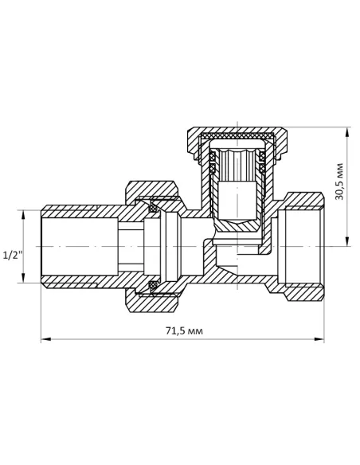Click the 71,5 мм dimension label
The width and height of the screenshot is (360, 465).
coord(184,330)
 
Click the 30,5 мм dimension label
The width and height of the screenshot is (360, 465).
coord(338,182)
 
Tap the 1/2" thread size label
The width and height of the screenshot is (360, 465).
coord(12,255)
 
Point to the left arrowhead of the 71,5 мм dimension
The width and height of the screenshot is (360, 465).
coord(46,338)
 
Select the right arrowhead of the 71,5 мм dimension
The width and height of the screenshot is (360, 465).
coord(319,338)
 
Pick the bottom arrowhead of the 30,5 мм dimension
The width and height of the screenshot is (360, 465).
coord(347,241)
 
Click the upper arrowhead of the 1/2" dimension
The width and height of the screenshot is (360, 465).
coord(23,215)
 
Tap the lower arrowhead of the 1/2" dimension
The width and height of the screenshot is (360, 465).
coord(23,278)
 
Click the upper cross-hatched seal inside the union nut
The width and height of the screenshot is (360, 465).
coord(153,207)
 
